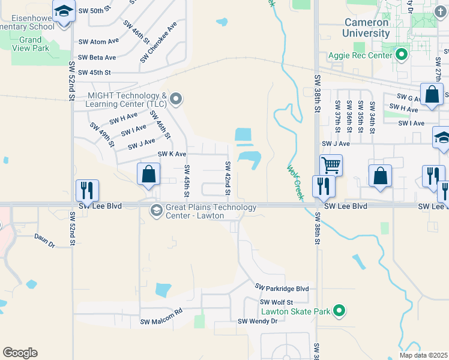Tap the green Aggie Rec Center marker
pyautogui.click(x=402, y=56)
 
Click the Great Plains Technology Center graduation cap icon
pyautogui.click(x=156, y=209)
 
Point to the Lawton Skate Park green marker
pyautogui.click(x=339, y=311)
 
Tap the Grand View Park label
pyautogui.click(x=30, y=44)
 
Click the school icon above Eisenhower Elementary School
pyautogui.click(x=62, y=12)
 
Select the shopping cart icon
pyautogui.click(x=331, y=164)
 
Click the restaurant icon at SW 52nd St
pyautogui.click(x=88, y=190)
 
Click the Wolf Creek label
pyautogui.click(x=295, y=182)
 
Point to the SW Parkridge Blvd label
pyautogui.click(x=282, y=289)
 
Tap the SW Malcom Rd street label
pyautogui.click(x=161, y=317)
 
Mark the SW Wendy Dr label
pyautogui.click(x=258, y=321)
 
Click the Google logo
pyautogui.click(x=20, y=353)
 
